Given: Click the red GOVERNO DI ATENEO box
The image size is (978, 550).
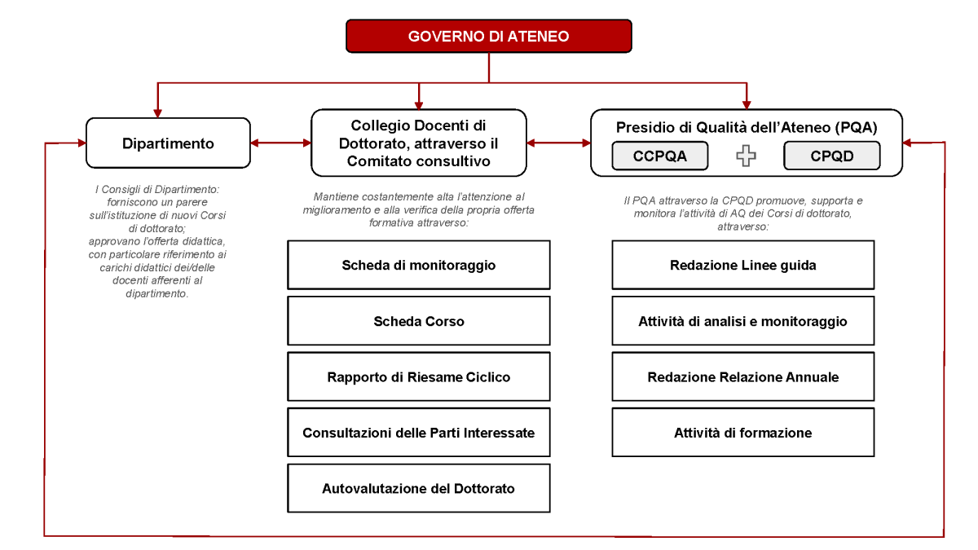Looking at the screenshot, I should click(x=488, y=37).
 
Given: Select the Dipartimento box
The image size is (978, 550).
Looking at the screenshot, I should click(x=168, y=143).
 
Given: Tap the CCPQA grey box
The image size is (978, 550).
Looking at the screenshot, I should click(x=659, y=156).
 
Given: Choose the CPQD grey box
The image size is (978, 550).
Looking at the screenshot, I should click(x=831, y=156).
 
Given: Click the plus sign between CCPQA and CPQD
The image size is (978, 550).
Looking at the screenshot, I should click(x=746, y=156).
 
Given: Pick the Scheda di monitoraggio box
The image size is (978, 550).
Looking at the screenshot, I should click(x=418, y=265).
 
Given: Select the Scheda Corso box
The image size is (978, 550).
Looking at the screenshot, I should click(x=418, y=321).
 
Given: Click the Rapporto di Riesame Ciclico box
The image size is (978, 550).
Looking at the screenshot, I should click(x=418, y=376).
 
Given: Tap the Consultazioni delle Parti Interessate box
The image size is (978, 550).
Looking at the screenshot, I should click(x=418, y=433).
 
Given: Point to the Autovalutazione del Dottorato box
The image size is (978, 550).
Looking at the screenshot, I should click(x=418, y=488).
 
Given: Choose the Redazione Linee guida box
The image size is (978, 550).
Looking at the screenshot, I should click(x=742, y=265).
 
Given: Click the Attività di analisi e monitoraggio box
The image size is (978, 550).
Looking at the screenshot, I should click(x=742, y=321).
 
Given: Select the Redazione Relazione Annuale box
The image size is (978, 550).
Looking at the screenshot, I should click(x=742, y=376).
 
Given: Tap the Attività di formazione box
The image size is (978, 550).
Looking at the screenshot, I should click(x=742, y=433).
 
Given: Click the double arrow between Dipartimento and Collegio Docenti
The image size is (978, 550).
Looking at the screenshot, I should click(x=280, y=143).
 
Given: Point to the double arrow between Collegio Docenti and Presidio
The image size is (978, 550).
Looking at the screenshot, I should click(x=558, y=143).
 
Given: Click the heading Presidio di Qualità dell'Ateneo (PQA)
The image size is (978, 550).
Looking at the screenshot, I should click(x=746, y=127).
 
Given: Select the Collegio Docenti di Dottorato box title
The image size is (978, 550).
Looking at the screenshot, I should click(x=418, y=143).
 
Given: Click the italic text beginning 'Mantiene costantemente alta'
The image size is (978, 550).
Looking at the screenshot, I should click(x=418, y=209).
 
